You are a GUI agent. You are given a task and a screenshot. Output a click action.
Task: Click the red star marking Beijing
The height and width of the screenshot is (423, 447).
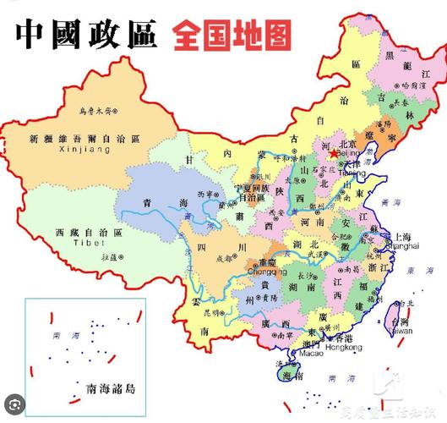click(331, 155)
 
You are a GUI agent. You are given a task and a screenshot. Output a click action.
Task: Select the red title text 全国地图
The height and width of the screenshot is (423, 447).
click(233, 35)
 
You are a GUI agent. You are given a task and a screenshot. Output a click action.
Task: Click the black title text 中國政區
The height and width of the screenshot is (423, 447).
click(85, 35)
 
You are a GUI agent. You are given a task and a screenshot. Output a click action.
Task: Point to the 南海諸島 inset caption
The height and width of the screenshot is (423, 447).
click(112, 389)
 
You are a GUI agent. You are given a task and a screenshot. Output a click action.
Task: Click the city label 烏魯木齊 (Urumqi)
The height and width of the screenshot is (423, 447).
click(95, 111)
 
